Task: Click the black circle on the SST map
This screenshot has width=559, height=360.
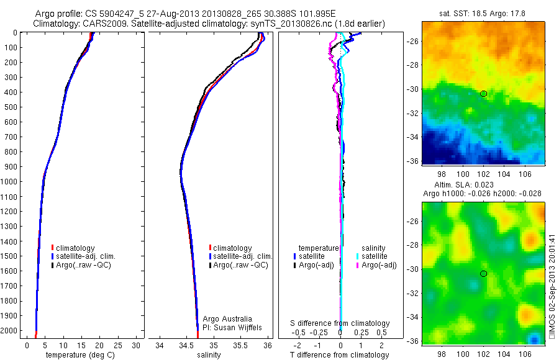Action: [x=483, y=94]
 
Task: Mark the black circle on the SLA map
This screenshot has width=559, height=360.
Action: [x=483, y=274]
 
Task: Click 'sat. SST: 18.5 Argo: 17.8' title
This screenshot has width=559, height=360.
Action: [x=483, y=12]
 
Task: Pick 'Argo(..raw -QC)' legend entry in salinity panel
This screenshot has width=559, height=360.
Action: [x=241, y=265]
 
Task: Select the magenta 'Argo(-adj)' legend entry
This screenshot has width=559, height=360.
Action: [x=378, y=265]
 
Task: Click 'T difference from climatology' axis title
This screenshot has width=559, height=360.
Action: [x=340, y=355]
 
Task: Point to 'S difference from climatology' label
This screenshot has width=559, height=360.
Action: [x=340, y=323]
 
